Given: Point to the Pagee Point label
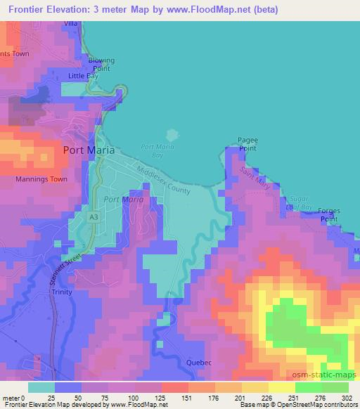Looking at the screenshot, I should [247, 144].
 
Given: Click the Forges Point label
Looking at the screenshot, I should [329, 215].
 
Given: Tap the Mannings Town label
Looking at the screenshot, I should [41, 179].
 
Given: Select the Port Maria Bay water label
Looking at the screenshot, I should [153, 150].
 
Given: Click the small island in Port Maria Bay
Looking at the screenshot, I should [170, 134].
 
